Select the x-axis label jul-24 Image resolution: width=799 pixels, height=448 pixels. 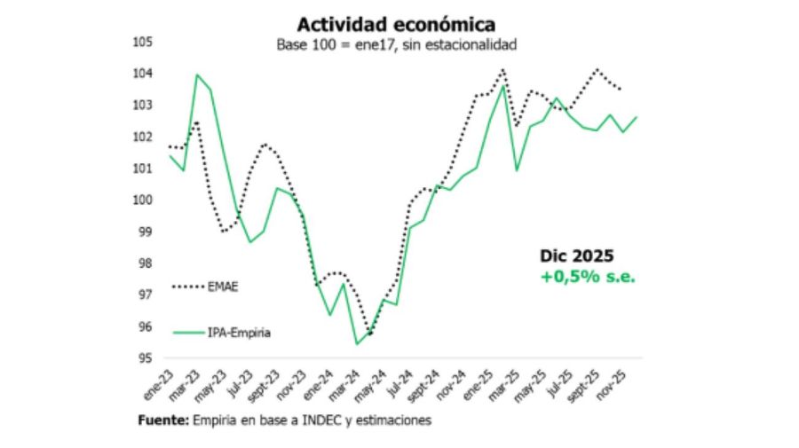click(x=401, y=382)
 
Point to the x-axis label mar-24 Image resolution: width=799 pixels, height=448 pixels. click(x=347, y=382)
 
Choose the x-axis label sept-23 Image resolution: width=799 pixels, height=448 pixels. click(x=265, y=384)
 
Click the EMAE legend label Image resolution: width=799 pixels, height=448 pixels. click(x=224, y=287)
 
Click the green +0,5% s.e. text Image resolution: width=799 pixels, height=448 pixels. click(x=589, y=277)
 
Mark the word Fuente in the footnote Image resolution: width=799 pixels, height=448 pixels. click(x=163, y=420)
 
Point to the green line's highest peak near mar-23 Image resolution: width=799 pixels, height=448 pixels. click(x=196, y=75)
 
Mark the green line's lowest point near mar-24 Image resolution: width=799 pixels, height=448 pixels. click(x=356, y=343)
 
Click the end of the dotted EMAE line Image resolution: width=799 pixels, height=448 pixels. click(x=620, y=89)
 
